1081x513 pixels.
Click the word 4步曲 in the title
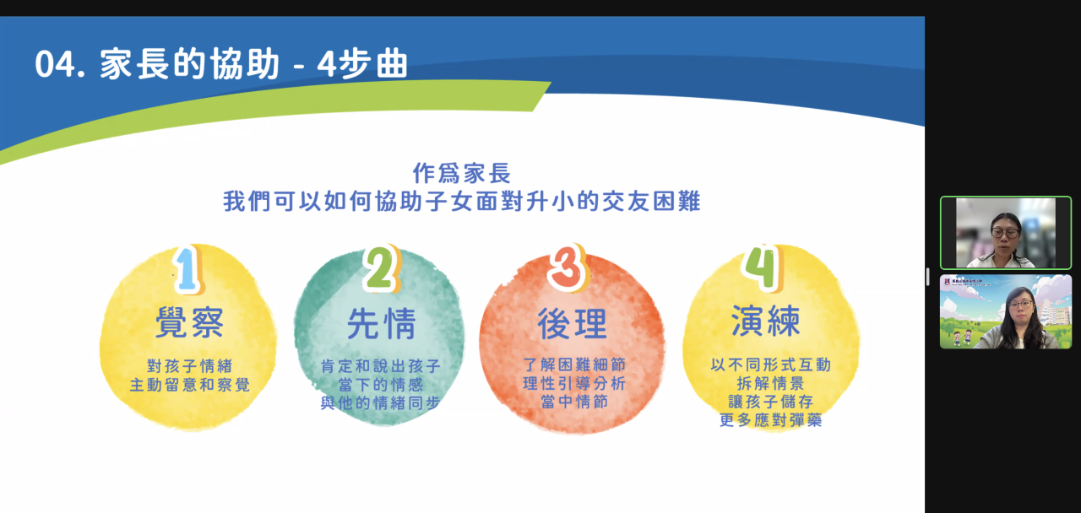tap(362, 63)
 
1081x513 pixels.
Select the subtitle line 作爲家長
tap(461, 173)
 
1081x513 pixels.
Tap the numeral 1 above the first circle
tap(187, 269)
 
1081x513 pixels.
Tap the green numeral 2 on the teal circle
tap(381, 268)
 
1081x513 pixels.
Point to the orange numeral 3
tap(567, 267)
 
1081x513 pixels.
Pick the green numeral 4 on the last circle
tap(763, 267)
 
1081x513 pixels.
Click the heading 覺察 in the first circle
tap(190, 322)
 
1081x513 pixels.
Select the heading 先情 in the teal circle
tap(381, 323)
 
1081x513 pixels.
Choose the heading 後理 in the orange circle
tap(573, 323)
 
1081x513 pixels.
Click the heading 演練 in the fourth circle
tap(766, 321)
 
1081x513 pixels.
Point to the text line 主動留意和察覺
tap(190, 385)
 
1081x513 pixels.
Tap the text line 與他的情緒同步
tap(380, 402)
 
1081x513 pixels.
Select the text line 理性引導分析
tap(574, 383)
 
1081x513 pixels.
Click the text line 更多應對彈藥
tap(771, 420)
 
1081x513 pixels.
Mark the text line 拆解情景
tap(771, 383)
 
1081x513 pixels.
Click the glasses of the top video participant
tap(1005, 234)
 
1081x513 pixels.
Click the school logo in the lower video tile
tap(947, 281)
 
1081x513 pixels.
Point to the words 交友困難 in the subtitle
tap(651, 201)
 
